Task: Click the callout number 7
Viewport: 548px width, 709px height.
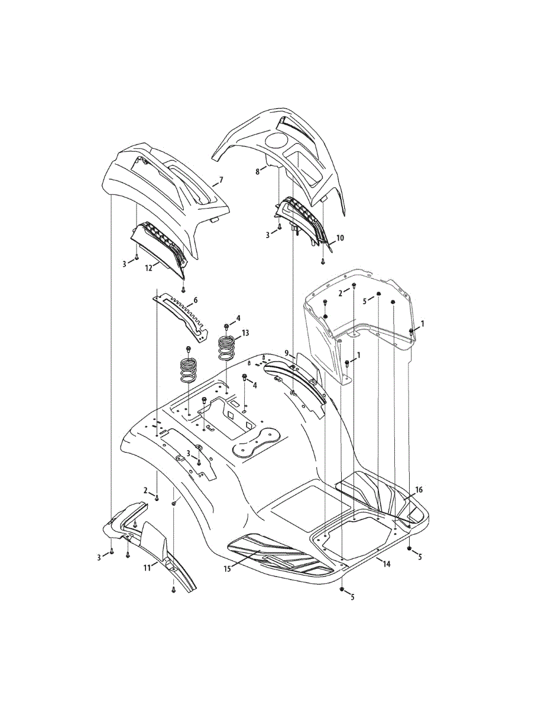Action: click(221, 179)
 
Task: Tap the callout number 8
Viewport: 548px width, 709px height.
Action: click(258, 171)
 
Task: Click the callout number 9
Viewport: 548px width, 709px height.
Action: click(287, 353)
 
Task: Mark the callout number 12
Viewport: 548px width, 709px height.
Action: click(148, 267)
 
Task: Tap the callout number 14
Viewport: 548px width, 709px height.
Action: click(387, 564)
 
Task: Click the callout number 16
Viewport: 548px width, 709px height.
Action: click(419, 490)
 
